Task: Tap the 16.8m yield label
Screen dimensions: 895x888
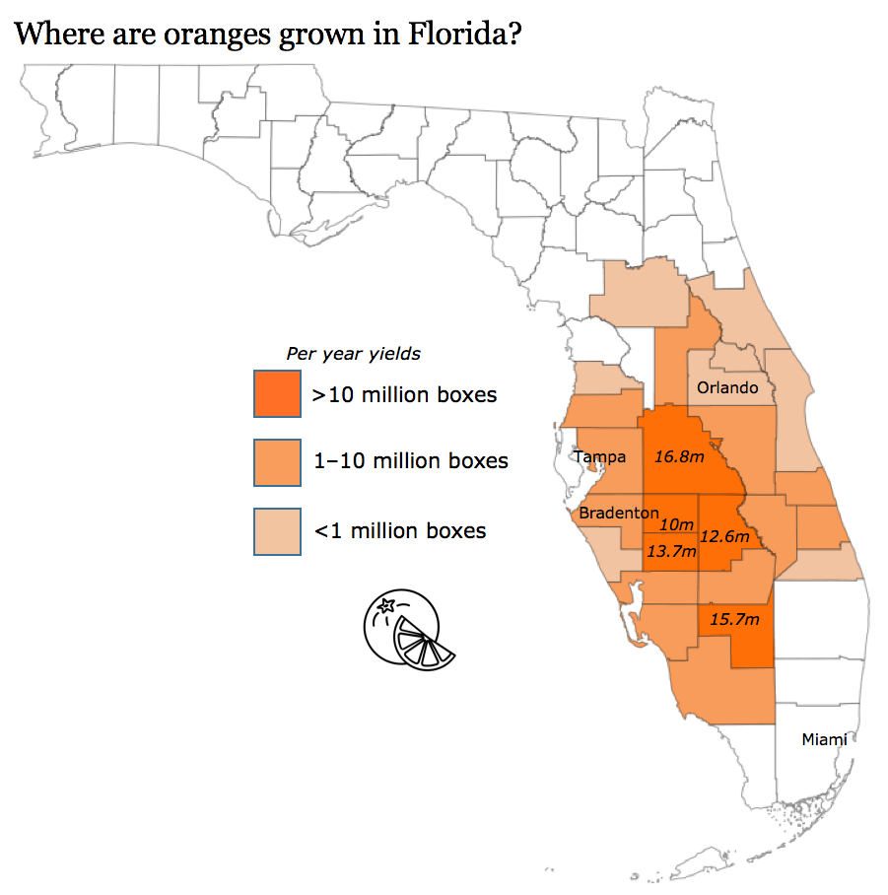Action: (x=679, y=456)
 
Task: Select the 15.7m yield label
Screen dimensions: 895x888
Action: (x=734, y=619)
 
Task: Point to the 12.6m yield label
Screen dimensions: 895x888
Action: (x=725, y=537)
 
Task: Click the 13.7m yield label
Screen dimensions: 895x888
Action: (x=671, y=552)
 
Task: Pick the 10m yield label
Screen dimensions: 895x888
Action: (x=676, y=524)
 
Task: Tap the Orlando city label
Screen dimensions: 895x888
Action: (x=727, y=387)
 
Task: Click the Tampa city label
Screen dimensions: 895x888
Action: (x=600, y=456)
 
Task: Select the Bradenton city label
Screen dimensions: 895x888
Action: (x=618, y=513)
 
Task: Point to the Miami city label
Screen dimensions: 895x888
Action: (x=824, y=739)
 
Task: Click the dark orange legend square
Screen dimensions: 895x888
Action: (x=277, y=395)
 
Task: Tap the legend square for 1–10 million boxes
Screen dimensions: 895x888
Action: (x=277, y=462)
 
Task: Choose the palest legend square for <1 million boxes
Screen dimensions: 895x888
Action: (x=277, y=531)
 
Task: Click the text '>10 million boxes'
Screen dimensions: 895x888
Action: (x=404, y=395)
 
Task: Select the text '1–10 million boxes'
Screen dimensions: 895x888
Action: (x=410, y=460)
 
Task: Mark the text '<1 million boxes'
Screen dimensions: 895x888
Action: (x=399, y=530)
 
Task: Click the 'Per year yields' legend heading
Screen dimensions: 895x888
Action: (x=353, y=353)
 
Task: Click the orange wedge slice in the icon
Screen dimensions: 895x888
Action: (x=425, y=648)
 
